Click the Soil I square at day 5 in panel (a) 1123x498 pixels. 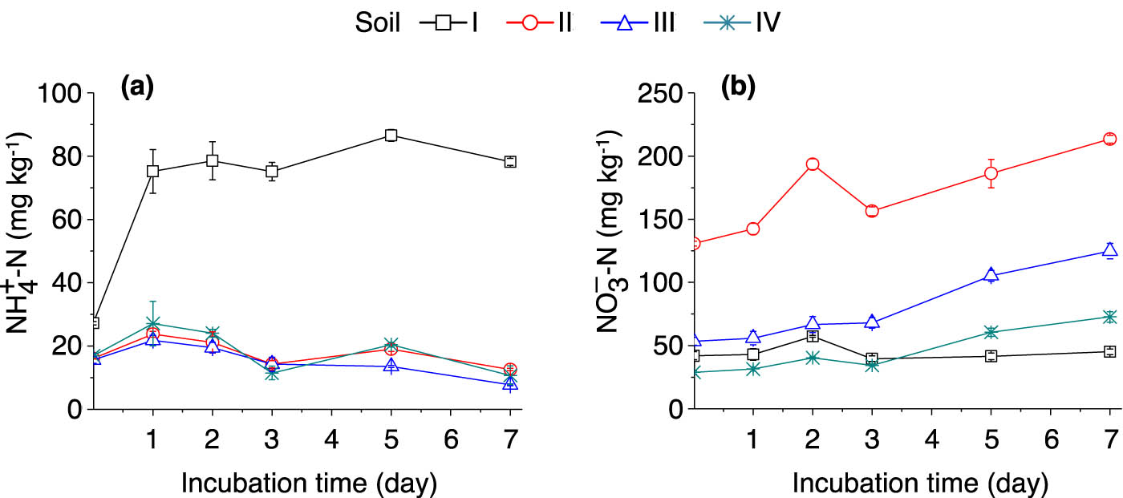point(391,136)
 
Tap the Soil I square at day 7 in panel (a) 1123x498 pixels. point(509,161)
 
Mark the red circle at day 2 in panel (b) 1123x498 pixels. point(812,164)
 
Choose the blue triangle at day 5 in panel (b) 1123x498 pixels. point(991,274)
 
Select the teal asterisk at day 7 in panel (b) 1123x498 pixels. point(1110,317)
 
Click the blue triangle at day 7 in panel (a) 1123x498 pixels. point(509,383)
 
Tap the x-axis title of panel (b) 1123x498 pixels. point(920,483)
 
